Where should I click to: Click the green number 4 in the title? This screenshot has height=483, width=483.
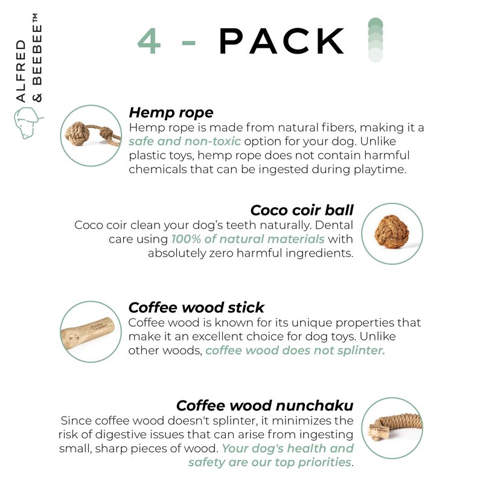point(149,41)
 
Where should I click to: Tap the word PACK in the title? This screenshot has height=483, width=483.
point(281,41)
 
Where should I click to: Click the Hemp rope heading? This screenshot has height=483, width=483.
point(171,112)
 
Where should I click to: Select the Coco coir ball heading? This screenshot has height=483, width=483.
point(302,210)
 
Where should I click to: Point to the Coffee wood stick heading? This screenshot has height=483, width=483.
point(196,307)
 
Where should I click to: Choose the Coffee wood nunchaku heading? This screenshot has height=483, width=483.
point(265,405)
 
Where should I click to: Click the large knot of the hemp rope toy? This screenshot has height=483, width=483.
point(77,133)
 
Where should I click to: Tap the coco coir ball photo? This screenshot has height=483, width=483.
point(391,232)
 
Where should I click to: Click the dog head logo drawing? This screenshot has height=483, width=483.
point(27,123)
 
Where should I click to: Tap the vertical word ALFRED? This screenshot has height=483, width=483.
point(21,71)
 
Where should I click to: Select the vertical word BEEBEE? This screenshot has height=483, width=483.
point(37,54)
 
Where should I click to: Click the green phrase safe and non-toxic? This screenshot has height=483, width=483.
point(185,141)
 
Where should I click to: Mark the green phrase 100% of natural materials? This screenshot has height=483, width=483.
point(248,239)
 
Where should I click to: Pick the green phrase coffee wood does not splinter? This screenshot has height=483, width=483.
point(295,350)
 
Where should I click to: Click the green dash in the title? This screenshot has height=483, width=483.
point(188,43)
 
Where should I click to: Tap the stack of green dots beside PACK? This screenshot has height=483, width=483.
point(376,40)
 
